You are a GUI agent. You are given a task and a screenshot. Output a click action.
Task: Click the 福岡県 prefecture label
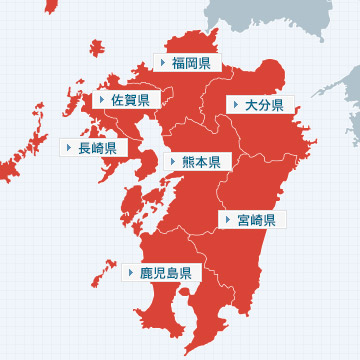click(x=184, y=63)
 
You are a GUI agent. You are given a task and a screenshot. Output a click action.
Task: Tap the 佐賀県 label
click(x=124, y=100)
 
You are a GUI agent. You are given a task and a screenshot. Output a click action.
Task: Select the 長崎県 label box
click(x=90, y=148)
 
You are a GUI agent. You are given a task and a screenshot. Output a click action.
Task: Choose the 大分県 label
click(x=257, y=104)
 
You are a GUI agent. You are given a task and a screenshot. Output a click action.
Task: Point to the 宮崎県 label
click(x=251, y=219)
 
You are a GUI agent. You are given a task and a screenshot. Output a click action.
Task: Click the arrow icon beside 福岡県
click(x=163, y=63)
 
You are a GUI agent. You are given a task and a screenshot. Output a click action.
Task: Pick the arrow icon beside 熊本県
click(x=174, y=161)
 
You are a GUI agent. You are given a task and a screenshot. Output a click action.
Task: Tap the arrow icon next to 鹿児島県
click(x=132, y=272)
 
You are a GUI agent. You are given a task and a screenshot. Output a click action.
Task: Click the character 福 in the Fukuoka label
click(x=178, y=63)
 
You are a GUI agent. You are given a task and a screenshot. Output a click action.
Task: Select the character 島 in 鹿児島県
click(x=171, y=272)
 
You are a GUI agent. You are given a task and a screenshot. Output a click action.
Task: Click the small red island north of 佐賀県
click(x=97, y=48)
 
